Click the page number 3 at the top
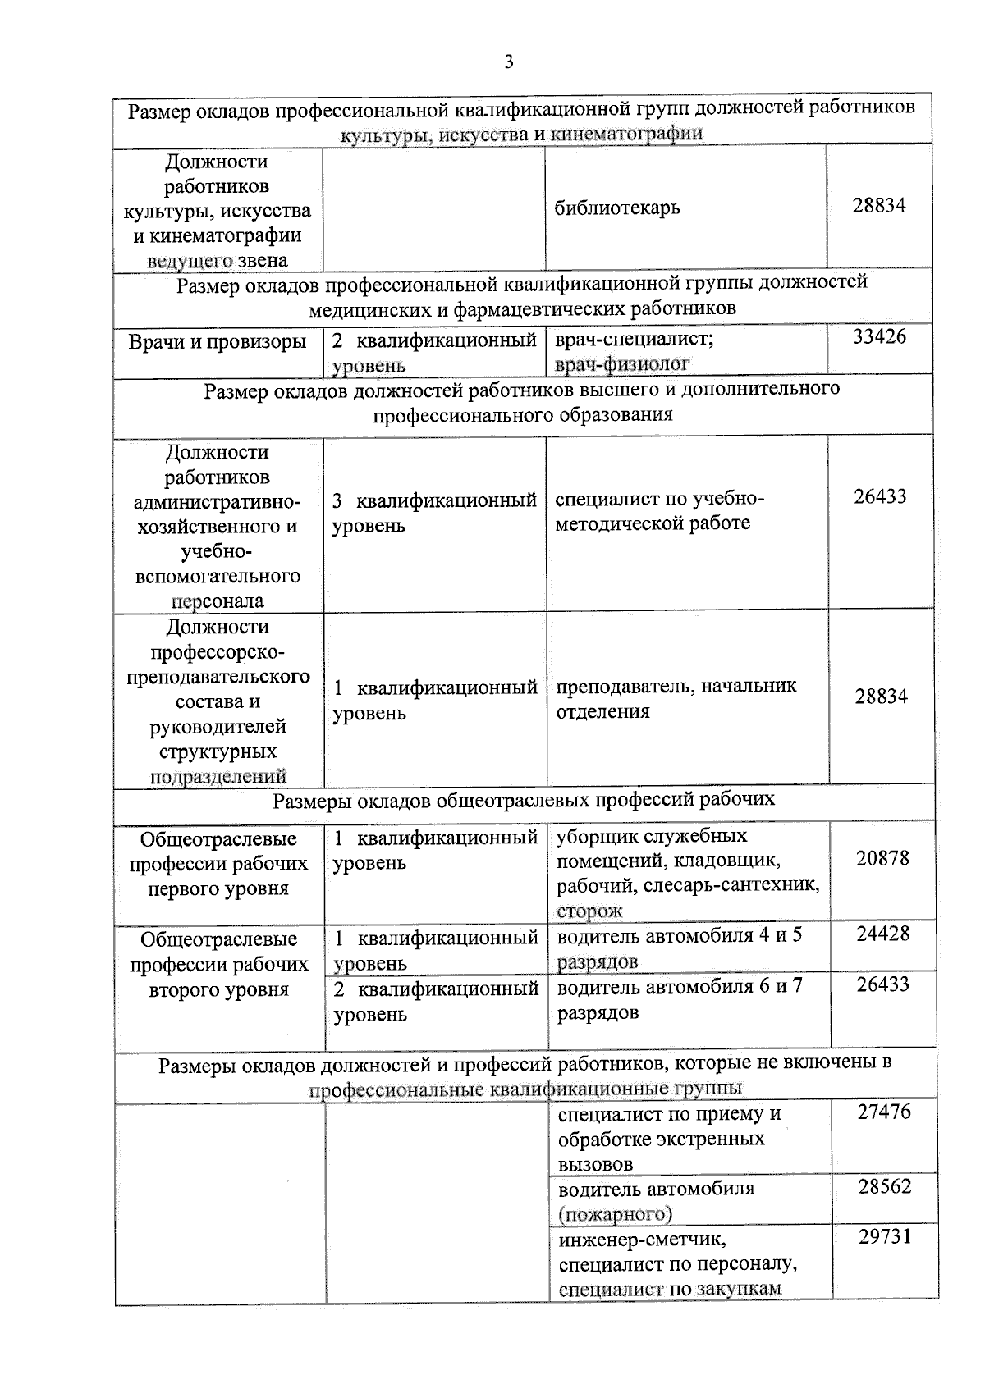coord(509,62)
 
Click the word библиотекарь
coord(617,208)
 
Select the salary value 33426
coord(879,337)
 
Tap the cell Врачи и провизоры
coord(218,342)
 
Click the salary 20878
coord(882,858)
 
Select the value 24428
coord(882,934)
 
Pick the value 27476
coord(884,1112)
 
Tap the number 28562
coord(884,1187)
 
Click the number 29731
coord(884,1237)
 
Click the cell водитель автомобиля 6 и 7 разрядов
coord(680,999)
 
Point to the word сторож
coord(589,911)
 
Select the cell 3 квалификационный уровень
coord(434,513)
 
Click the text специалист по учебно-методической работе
coord(659,511)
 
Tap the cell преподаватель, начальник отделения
coord(676,698)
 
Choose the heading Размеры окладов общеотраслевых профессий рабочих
coord(523,800)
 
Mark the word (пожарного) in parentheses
coord(615,1213)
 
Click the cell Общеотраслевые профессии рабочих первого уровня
coord(218,864)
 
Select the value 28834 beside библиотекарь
coord(878,206)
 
